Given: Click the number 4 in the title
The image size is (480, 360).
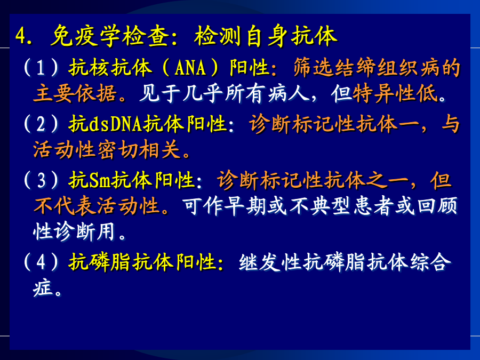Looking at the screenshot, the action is tap(21, 36).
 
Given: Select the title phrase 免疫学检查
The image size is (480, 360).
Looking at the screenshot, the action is tap(110, 36).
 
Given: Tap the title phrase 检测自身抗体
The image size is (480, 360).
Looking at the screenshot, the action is tap(266, 36).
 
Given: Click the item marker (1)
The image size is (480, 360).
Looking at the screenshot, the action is tap(41, 67).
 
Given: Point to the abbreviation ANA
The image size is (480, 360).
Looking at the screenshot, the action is tap(190, 68).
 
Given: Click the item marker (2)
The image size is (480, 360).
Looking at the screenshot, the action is tap(41, 124).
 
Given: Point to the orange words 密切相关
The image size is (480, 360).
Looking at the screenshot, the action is tap(139, 150).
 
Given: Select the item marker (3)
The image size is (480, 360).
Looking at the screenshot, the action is tap(41, 180).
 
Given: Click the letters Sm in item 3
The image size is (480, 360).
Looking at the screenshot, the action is tap(99, 180).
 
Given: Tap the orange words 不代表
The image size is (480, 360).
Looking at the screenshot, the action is tap(65, 205).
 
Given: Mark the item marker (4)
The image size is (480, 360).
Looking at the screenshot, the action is tap(41, 262).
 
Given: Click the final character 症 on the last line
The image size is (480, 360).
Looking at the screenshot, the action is tap(43, 288).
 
